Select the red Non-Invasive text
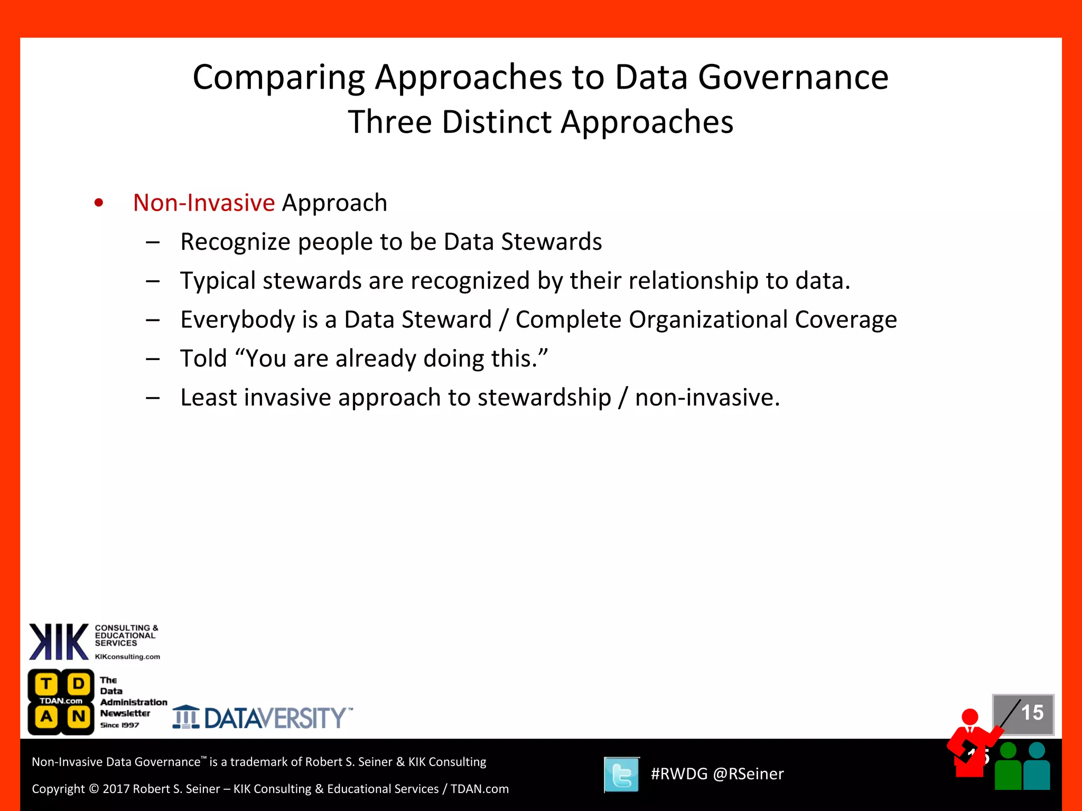[203, 203]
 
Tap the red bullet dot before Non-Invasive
[99, 203]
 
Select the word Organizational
[708, 320]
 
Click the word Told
[203, 359]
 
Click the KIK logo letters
[59, 642]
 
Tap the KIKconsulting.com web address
[127, 657]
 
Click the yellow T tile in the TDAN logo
[46, 684]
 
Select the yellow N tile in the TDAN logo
[79, 717]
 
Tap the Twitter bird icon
[622, 775]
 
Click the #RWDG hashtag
[678, 774]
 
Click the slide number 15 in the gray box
[1032, 713]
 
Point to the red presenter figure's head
[970, 717]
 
